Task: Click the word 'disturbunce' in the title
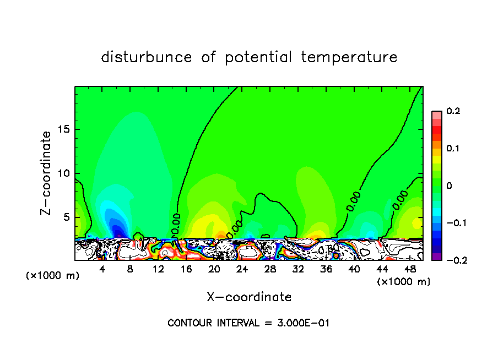[x=147, y=57]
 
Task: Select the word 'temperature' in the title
[x=349, y=57]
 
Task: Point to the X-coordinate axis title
[x=249, y=297]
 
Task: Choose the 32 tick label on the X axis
[x=299, y=270]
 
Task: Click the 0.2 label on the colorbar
[x=453, y=111]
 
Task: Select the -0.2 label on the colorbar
[x=453, y=260]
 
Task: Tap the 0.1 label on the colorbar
[x=453, y=149]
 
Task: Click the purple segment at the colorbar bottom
[x=436, y=257]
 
